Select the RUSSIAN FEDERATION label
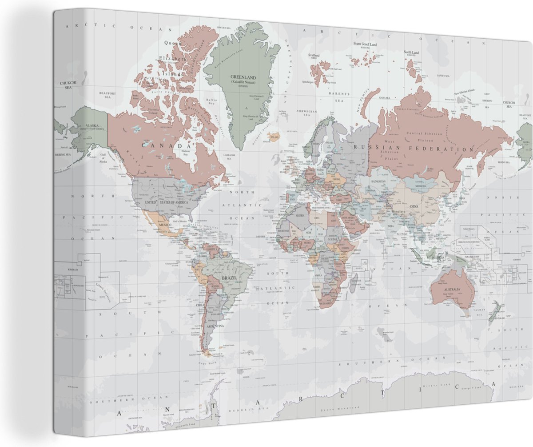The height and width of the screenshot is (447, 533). [x=414, y=149]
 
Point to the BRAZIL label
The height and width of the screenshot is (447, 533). [x=229, y=278]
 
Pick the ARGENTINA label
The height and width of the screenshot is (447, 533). [x=215, y=326]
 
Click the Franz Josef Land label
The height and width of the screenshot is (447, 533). [x=365, y=44]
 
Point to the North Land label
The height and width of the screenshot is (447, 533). [x=411, y=52]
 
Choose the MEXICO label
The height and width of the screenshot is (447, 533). [x=165, y=225]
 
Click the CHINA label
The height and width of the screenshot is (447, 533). [x=414, y=207]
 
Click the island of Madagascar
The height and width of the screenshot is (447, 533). [x=354, y=281]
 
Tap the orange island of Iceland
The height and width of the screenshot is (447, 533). [x=274, y=136]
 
